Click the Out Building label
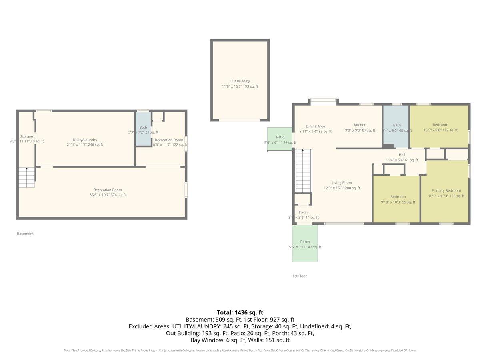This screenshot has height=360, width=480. coord(240,81)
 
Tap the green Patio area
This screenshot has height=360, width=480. coord(280,140)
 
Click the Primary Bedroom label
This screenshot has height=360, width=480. coord(446,191)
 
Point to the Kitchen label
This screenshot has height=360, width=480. coord(360,125)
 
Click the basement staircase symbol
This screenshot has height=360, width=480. coord(26,177)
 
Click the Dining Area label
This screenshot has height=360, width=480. coord(315,126)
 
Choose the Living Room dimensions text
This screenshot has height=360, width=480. coord(342,188)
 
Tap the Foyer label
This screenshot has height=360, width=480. coord(304,212)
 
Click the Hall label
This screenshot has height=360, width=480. coord(402,155)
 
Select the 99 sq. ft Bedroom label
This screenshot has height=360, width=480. coord(398,197)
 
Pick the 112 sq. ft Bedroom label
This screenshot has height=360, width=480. coord(440,125)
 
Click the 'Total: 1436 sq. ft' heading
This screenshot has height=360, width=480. coord(240,312)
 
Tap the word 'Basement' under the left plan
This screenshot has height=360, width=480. coord(25,234)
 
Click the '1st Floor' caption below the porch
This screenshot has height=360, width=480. coord(299,276)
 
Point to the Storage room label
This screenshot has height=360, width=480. coord(27,137)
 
